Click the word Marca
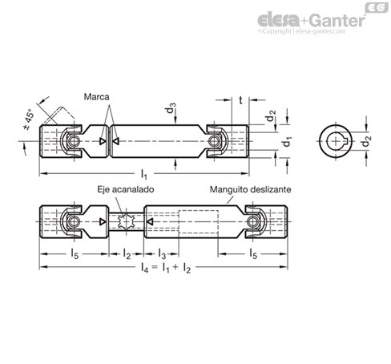[x=96, y=97]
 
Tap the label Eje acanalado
[x=126, y=189]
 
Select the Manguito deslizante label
[x=250, y=189]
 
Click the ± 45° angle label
[x=29, y=119]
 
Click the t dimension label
[x=240, y=100]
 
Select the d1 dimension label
[x=287, y=142]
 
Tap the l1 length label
[x=144, y=174]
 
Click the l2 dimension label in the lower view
[x=127, y=254]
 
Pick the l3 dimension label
[x=162, y=254]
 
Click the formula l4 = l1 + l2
[x=166, y=268]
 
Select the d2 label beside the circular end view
[x=366, y=141]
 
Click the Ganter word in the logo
[x=338, y=20]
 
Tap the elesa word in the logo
[x=279, y=20]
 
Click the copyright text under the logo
[x=301, y=31]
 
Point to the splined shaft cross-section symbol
[x=126, y=221]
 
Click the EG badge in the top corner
[x=377, y=8]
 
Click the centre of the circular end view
[x=336, y=141]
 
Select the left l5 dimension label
[x=75, y=254]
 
